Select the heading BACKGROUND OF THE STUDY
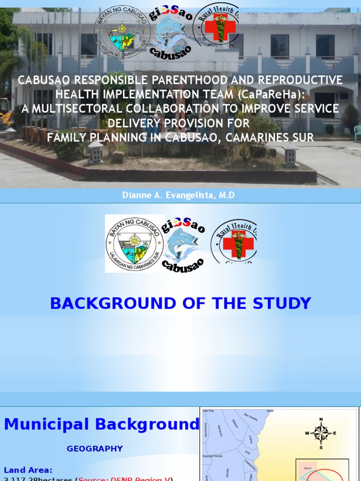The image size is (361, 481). click(x=180, y=303)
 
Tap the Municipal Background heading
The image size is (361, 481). click(x=102, y=425)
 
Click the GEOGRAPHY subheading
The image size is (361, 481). click(x=94, y=449)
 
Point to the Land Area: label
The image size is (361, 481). click(x=28, y=470)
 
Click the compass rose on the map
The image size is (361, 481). click(x=321, y=433)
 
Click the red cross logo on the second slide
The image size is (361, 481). click(x=235, y=241)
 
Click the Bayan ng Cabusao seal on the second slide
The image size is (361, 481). click(x=134, y=243)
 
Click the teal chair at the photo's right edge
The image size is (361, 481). click(x=357, y=133)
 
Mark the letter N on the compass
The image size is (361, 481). click(x=321, y=419)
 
